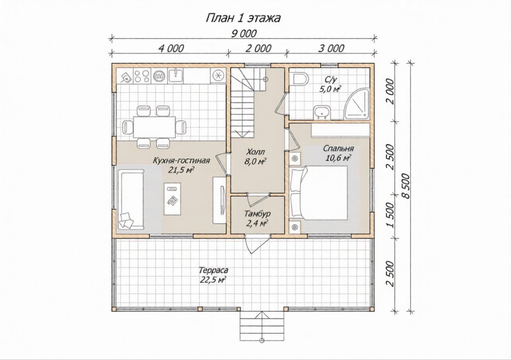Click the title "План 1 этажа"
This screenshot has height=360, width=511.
click(x=243, y=18)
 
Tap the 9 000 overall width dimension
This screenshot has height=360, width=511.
click(x=244, y=34)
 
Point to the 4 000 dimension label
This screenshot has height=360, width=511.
click(x=171, y=49)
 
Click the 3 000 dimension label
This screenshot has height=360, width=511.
click(x=331, y=49)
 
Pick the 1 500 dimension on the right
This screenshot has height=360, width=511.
click(x=390, y=215)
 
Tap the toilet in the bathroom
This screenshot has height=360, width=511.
click(x=301, y=79)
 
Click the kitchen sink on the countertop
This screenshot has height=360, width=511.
click(x=175, y=76)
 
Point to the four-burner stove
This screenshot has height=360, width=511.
click(x=141, y=76)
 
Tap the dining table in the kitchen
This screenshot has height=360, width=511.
click(x=154, y=127)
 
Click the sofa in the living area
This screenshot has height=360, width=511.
click(x=131, y=199)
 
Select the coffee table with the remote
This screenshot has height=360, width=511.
click(x=172, y=199)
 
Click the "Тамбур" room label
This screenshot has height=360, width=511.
click(x=257, y=214)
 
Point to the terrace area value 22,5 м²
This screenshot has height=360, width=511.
click(x=213, y=280)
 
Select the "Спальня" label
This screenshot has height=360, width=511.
click(x=339, y=149)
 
